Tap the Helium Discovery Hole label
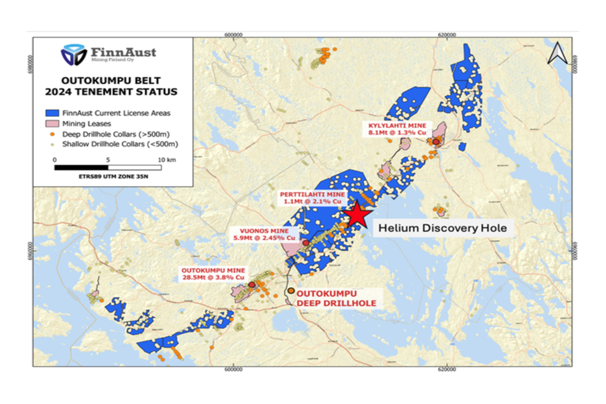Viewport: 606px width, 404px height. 442,228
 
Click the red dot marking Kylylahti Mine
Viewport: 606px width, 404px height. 435,142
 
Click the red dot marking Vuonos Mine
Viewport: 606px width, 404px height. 306,243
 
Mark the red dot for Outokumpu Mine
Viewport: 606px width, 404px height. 251,285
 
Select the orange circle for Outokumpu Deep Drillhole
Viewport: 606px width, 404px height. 291,291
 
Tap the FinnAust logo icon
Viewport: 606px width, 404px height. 74,54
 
